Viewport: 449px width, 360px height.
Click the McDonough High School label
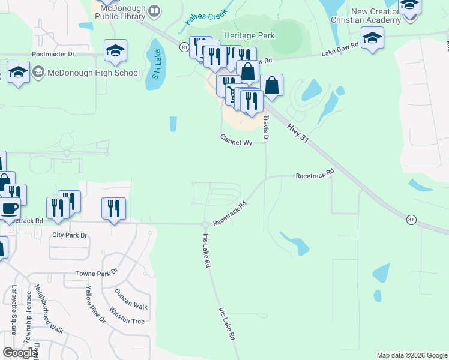(94, 73)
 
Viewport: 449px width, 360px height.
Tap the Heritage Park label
(249, 35)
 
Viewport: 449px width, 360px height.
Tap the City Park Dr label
(70, 235)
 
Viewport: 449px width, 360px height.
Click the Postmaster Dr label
(53, 54)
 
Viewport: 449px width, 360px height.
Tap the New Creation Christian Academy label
(367, 16)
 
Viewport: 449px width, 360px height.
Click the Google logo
(20, 353)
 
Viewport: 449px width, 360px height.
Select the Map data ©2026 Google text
(412, 355)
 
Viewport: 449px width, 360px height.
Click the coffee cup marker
(9, 209)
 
